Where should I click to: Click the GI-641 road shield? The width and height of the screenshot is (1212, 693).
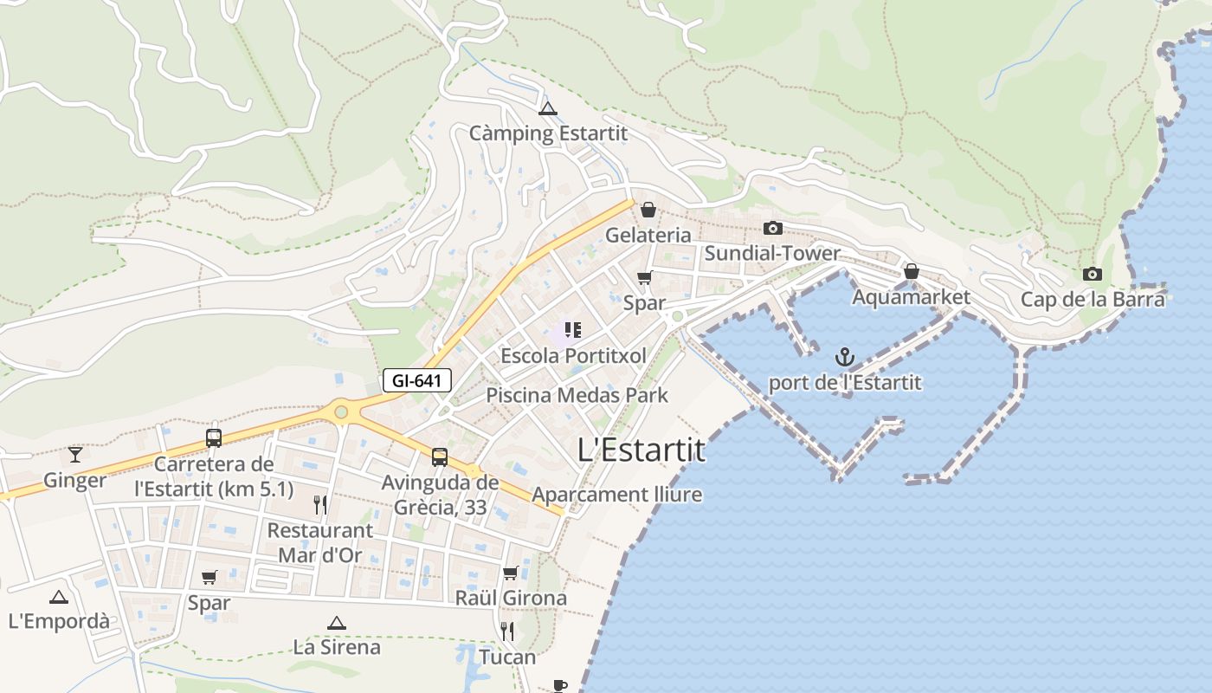pos(416,379)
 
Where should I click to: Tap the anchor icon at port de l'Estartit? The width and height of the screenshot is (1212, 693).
pos(844,357)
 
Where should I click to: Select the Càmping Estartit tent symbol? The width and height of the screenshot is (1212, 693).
pos(547,109)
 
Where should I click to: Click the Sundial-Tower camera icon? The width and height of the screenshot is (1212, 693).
pos(772,228)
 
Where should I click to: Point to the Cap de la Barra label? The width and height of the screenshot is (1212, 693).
pos(1093,300)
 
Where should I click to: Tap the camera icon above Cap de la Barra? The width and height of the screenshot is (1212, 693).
pos(1093,275)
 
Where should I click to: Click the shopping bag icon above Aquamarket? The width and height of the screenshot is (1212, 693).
pos(911,272)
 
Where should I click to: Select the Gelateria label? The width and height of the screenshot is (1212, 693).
pos(648,235)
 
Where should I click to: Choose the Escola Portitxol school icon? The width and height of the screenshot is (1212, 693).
pos(572,330)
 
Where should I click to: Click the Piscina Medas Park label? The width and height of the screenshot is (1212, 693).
pos(577,395)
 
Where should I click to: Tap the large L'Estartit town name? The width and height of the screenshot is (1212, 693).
pos(641,450)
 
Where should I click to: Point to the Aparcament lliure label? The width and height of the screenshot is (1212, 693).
pos(617,495)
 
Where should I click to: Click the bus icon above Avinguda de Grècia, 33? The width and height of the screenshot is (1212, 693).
pos(440,457)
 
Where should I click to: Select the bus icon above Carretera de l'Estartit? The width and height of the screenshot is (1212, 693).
pos(214,438)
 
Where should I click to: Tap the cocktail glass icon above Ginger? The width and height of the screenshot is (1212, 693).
pos(75,454)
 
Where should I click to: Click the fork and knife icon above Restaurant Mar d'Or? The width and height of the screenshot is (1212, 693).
pos(320,504)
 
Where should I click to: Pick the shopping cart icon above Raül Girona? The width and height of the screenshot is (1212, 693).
pos(511,573)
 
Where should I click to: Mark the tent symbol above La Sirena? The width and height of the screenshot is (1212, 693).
pos(337,623)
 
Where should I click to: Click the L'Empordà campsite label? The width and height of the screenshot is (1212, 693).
pos(59,621)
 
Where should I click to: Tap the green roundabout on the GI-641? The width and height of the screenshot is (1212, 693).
pos(341,411)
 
